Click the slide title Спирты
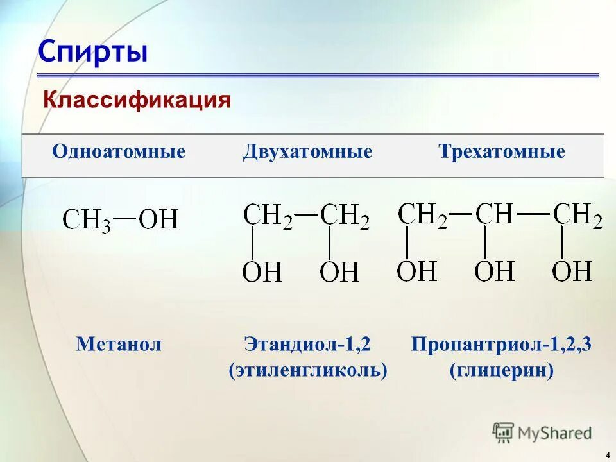(x=92, y=51)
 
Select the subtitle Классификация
(x=136, y=99)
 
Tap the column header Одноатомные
(x=119, y=152)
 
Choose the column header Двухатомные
(x=307, y=152)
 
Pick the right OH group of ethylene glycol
(x=339, y=272)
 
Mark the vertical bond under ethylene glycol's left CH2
(x=252, y=244)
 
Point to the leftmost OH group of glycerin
(x=416, y=271)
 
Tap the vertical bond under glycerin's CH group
(x=484, y=243)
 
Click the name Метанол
(x=119, y=345)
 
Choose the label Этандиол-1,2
(x=307, y=345)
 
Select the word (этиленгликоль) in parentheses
(x=308, y=370)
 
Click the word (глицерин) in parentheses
(x=501, y=370)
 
